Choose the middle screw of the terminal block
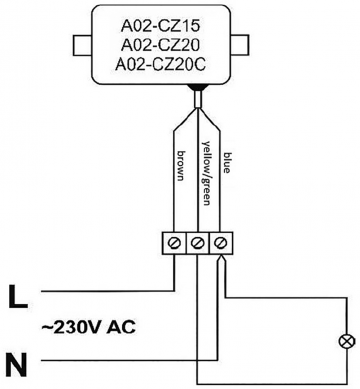pyautogui.click(x=198, y=243)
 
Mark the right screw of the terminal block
pyautogui.click(x=217, y=243)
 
